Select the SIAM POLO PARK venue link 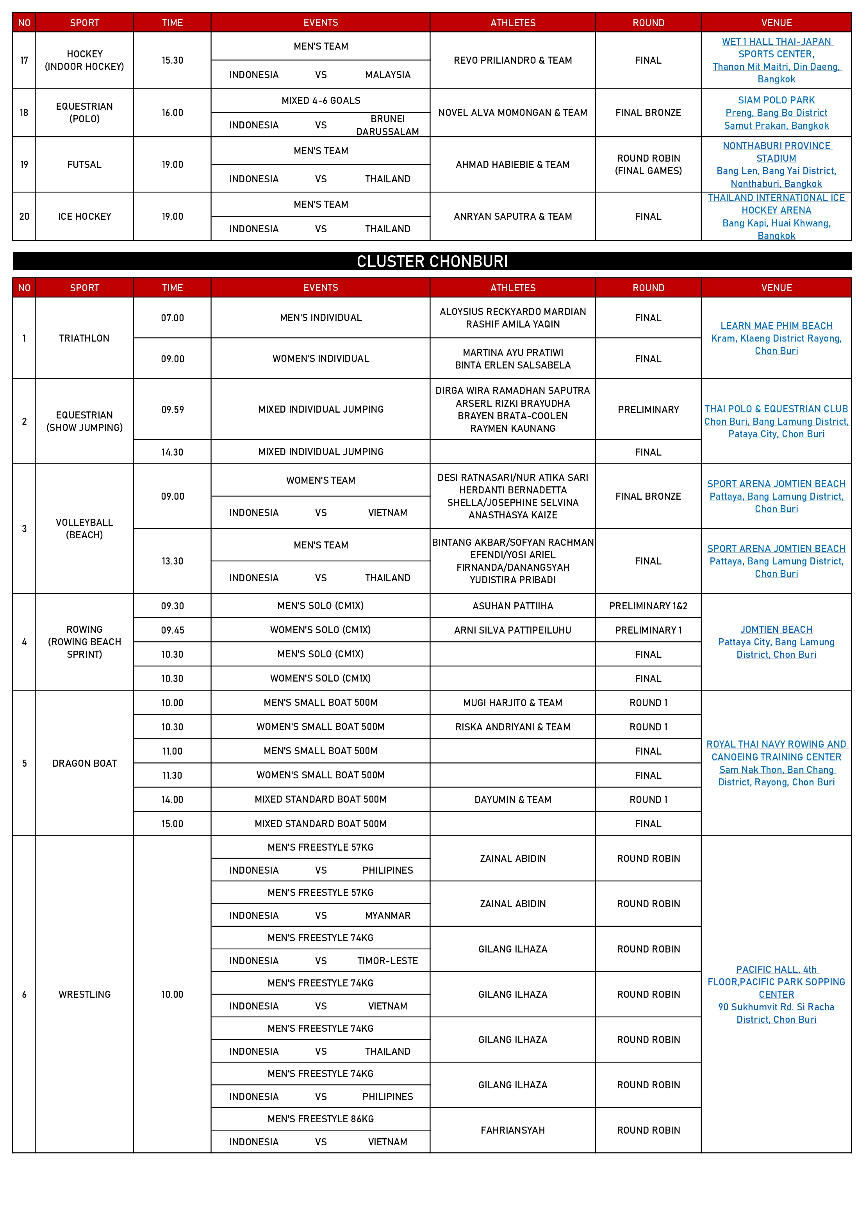pyautogui.click(x=776, y=100)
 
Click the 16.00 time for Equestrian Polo pyautogui.click(x=172, y=113)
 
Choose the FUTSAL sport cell pyautogui.click(x=84, y=165)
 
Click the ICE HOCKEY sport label pyautogui.click(x=84, y=217)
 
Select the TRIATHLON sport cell pyautogui.click(x=84, y=338)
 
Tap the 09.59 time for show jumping pyautogui.click(x=172, y=409)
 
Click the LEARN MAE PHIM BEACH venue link pyautogui.click(x=776, y=326)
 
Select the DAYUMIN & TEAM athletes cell pyautogui.click(x=513, y=799)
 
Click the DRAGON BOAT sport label pyautogui.click(x=84, y=763)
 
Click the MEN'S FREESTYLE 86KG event pyautogui.click(x=320, y=1119)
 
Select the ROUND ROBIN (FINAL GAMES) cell pyautogui.click(x=648, y=165)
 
